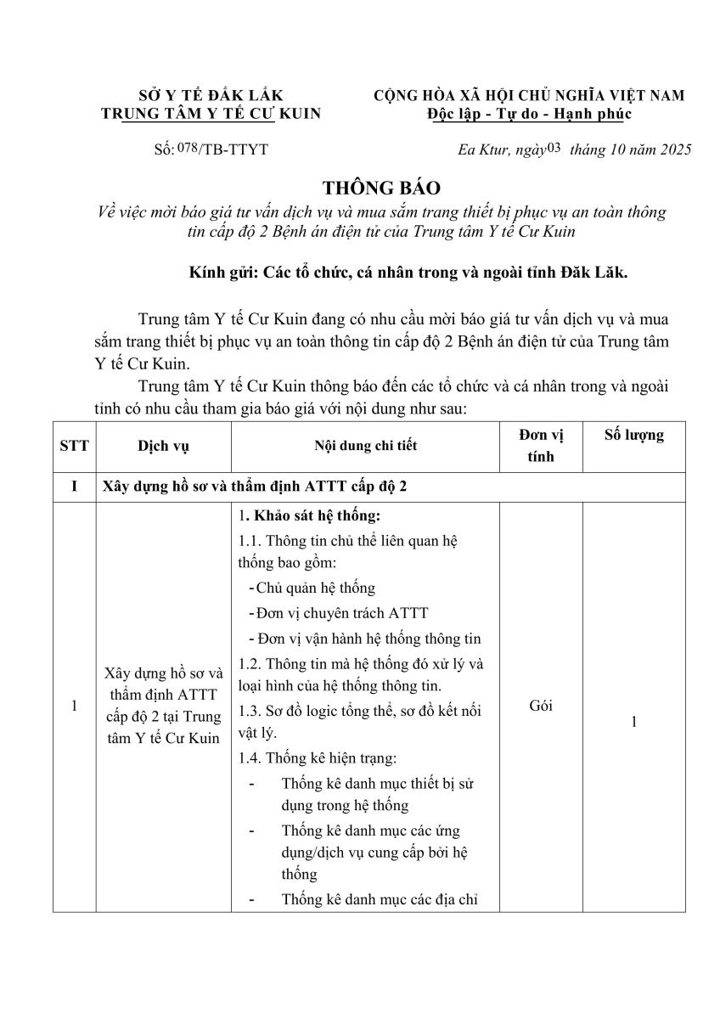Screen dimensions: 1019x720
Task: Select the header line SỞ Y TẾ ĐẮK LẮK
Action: (x=211, y=96)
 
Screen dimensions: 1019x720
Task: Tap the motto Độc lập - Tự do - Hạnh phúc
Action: (x=530, y=114)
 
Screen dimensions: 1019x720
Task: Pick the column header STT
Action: (x=75, y=445)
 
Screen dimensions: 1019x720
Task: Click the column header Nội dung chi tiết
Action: (x=365, y=445)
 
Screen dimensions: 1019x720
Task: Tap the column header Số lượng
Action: (x=633, y=435)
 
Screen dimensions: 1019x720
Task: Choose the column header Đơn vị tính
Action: (x=541, y=445)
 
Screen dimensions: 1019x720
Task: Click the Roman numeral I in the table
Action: (x=75, y=487)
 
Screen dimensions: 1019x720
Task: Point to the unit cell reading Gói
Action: (x=541, y=706)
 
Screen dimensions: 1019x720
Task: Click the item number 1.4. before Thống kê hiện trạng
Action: (x=251, y=758)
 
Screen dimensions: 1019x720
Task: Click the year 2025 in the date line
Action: (x=672, y=150)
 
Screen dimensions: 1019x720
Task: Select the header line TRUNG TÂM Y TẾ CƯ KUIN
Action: (x=211, y=114)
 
